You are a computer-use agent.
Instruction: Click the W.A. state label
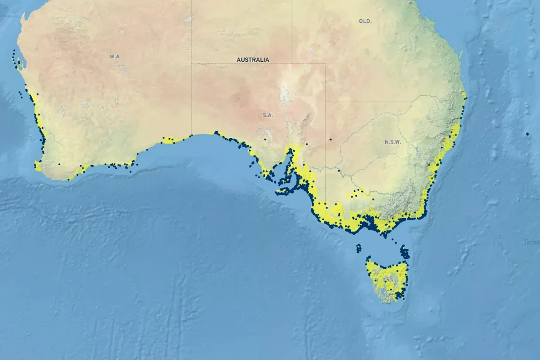[x=115, y=56]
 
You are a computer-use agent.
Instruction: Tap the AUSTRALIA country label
[x=253, y=60]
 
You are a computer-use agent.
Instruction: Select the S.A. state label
[x=268, y=115]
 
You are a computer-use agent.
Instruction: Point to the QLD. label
[x=365, y=21]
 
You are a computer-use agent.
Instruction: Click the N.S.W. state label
[x=392, y=142]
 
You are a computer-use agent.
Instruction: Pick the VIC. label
[x=373, y=209]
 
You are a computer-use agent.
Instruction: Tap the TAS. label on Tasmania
[x=389, y=280]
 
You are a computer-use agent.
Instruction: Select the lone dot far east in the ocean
[x=527, y=134]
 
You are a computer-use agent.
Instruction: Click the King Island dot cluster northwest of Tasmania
[x=359, y=247]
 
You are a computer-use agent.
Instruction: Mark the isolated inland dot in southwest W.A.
[x=59, y=164]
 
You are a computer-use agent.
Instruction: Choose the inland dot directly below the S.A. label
[x=265, y=140]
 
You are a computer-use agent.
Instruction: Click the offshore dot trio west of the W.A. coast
[x=23, y=93]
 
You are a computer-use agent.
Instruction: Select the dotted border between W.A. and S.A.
[x=191, y=90]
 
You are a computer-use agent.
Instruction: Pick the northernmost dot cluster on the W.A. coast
[x=15, y=55]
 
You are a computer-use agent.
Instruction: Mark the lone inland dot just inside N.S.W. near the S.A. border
[x=330, y=140]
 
